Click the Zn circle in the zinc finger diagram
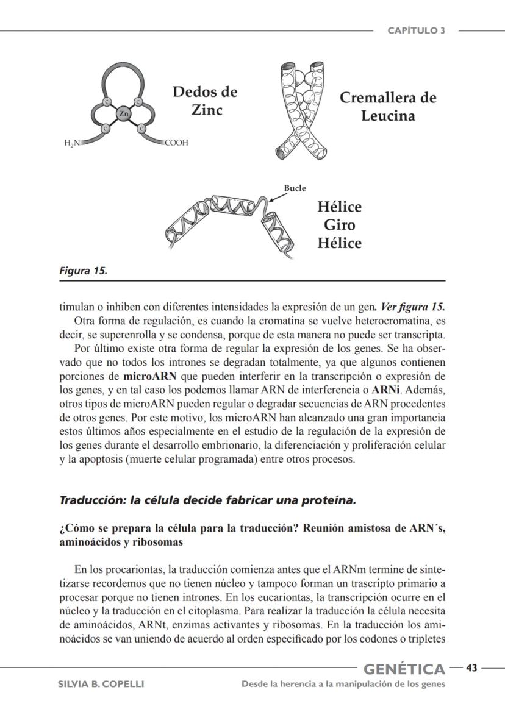point(124,114)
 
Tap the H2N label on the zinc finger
point(73,143)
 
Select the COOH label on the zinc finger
point(176,143)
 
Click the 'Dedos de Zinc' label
point(205,101)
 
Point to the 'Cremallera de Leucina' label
point(388,107)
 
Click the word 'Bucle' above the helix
point(295,188)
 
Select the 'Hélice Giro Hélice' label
point(339,225)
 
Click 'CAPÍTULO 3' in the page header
point(417,31)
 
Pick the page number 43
point(471,667)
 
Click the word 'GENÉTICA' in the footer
point(404,670)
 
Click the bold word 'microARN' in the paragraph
point(150,375)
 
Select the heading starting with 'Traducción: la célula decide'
point(207,500)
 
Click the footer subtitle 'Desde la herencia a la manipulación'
point(343,684)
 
